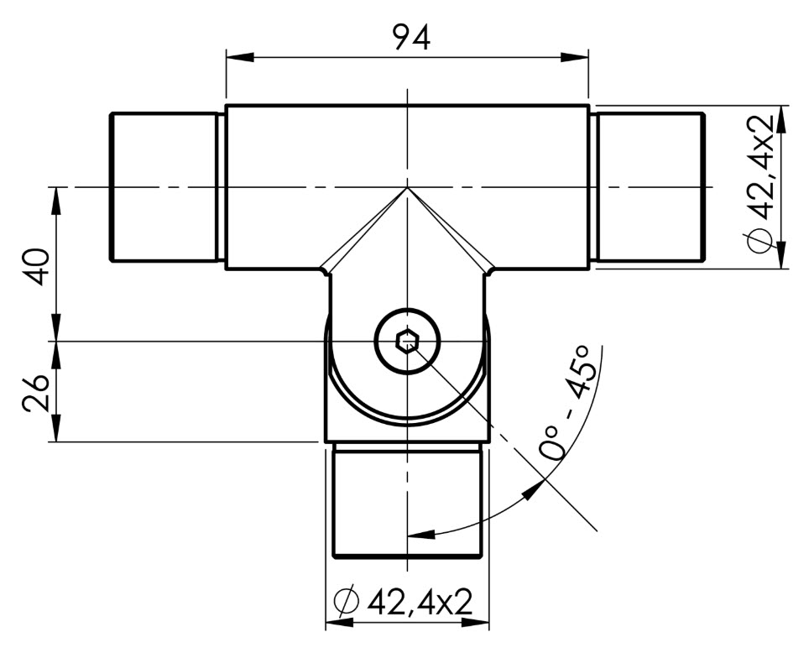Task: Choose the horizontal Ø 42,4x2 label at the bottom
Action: point(404,601)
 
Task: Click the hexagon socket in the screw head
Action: point(408,342)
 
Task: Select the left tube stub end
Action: point(163,187)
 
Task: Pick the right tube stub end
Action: point(651,187)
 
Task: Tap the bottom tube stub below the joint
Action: point(408,501)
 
